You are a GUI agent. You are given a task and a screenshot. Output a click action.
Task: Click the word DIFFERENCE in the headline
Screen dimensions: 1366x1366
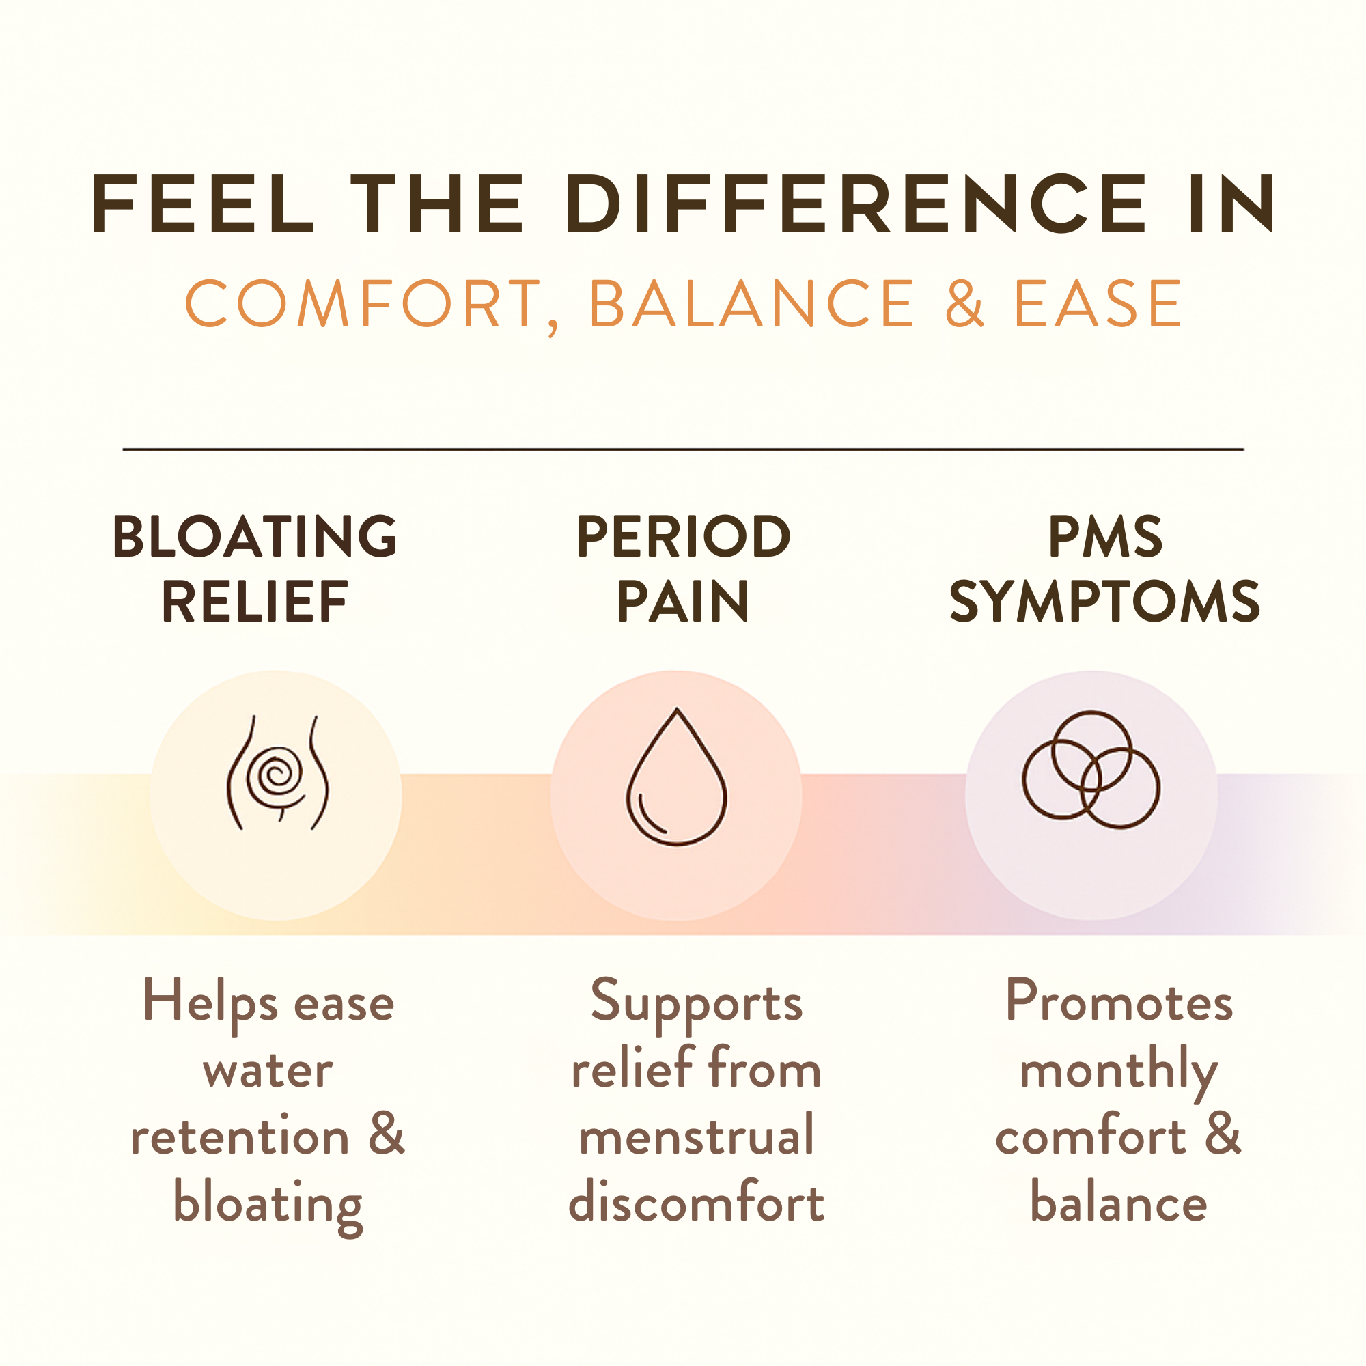(855, 204)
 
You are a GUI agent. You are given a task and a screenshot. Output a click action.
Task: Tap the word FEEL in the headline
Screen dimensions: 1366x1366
(202, 204)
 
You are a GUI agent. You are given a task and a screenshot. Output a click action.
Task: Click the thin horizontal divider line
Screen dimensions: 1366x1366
(683, 449)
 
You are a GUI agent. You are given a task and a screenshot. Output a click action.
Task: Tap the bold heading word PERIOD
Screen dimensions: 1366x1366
(683, 536)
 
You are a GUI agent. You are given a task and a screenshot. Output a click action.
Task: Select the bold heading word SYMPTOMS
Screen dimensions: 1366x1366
(1104, 602)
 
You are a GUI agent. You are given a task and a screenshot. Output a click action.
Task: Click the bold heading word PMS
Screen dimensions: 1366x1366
(1105, 536)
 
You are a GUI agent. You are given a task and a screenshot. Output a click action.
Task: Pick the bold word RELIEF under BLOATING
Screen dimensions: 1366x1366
(255, 602)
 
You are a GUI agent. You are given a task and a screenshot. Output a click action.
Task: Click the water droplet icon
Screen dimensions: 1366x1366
(677, 777)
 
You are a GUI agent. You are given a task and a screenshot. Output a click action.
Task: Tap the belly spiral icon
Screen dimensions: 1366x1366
(278, 772)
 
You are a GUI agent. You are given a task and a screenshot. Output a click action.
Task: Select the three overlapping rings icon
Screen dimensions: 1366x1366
(1091, 769)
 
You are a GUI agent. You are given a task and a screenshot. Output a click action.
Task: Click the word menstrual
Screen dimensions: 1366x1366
(697, 1134)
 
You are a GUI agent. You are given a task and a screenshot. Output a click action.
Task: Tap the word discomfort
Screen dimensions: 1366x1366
(697, 1201)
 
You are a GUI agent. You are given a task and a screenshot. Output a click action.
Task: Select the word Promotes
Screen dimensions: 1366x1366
(1119, 1001)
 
